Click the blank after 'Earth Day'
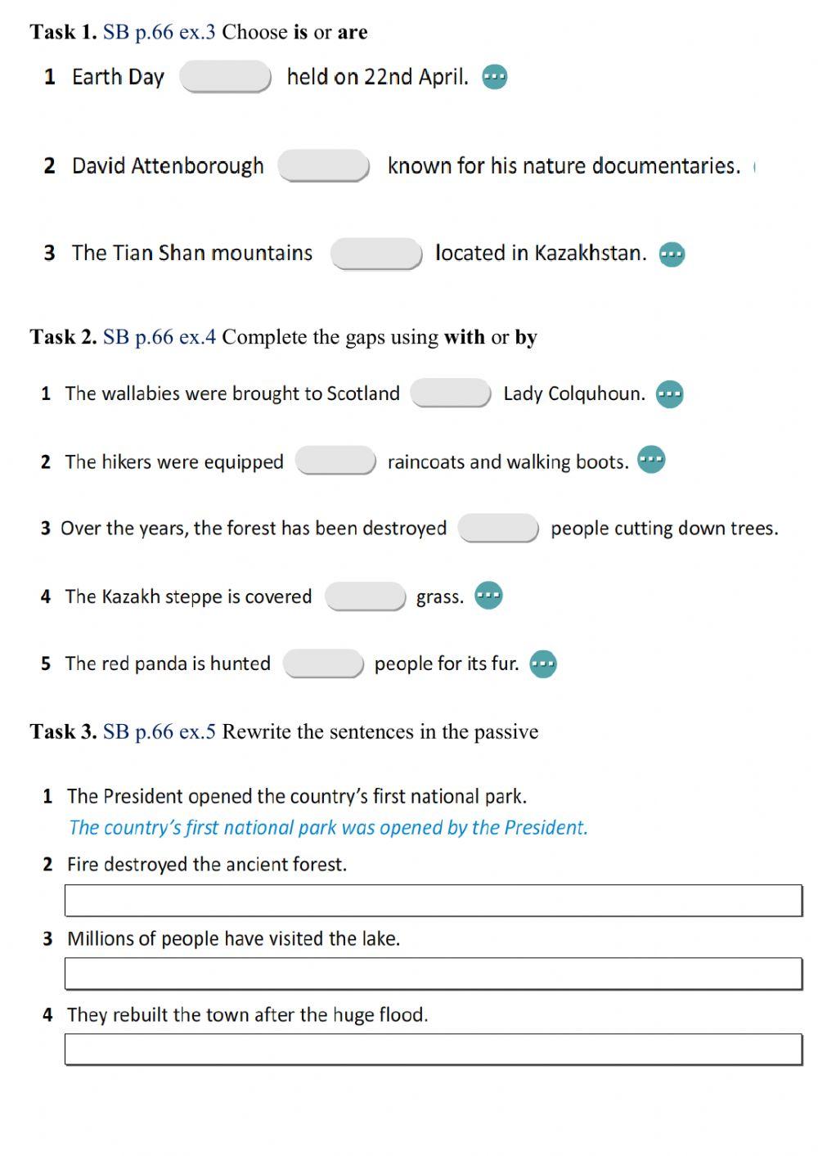[x=225, y=77]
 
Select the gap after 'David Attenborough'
[x=324, y=165]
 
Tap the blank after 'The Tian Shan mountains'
[x=376, y=254]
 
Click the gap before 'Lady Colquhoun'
[x=451, y=394]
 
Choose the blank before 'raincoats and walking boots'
[x=335, y=461]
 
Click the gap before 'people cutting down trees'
[x=498, y=529]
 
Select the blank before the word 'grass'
[x=365, y=596]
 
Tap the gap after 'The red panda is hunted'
[x=323, y=663]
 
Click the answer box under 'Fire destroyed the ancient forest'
[x=433, y=901]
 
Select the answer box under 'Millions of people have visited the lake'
[x=433, y=974]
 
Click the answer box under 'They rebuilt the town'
[x=433, y=1050]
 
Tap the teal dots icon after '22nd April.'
[x=495, y=77]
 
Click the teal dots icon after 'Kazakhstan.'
[x=672, y=254]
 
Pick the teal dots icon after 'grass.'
[x=488, y=596]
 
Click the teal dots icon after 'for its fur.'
[x=543, y=663]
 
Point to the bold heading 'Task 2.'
[x=63, y=337]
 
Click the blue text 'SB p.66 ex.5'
[x=160, y=731]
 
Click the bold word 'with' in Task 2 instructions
[x=464, y=337]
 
